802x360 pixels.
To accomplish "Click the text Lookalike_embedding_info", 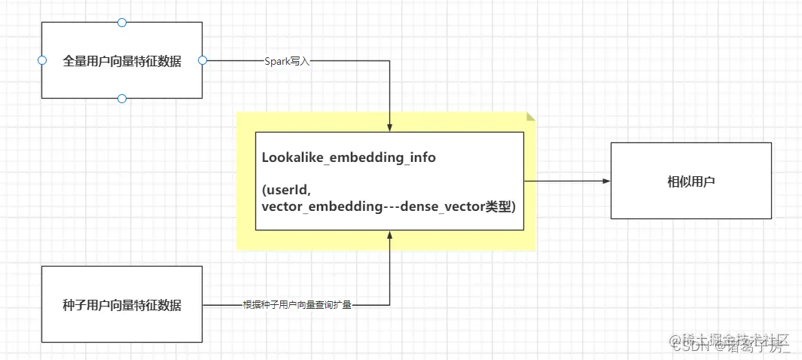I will [349, 158].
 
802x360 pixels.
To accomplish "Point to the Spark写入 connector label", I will [287, 61].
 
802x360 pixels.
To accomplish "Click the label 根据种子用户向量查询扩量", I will [297, 305].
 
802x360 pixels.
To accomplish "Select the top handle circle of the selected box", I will [122, 23].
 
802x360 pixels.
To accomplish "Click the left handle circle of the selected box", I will [42, 60].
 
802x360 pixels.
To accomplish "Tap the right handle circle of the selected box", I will [202, 60].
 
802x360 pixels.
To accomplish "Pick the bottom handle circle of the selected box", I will [122, 99].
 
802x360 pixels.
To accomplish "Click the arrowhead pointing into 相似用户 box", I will [605, 181].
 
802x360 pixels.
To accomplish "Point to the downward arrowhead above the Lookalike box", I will [390, 127].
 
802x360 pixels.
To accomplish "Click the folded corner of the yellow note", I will [531, 117].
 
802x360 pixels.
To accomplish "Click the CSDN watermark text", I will [689, 348].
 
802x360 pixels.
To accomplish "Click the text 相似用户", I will [691, 182].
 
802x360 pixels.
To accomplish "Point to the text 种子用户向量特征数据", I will [122, 305].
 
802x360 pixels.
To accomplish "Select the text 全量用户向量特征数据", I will [122, 61].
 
